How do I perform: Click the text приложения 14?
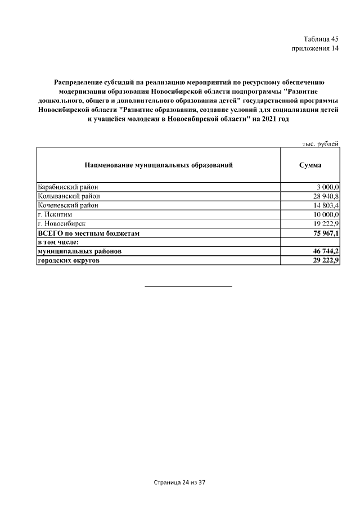pos(315,48)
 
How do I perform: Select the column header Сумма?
pos(310,165)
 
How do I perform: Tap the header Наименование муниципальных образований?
pos(158,165)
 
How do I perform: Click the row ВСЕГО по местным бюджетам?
pos(88,233)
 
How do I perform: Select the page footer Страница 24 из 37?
pos(180,483)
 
